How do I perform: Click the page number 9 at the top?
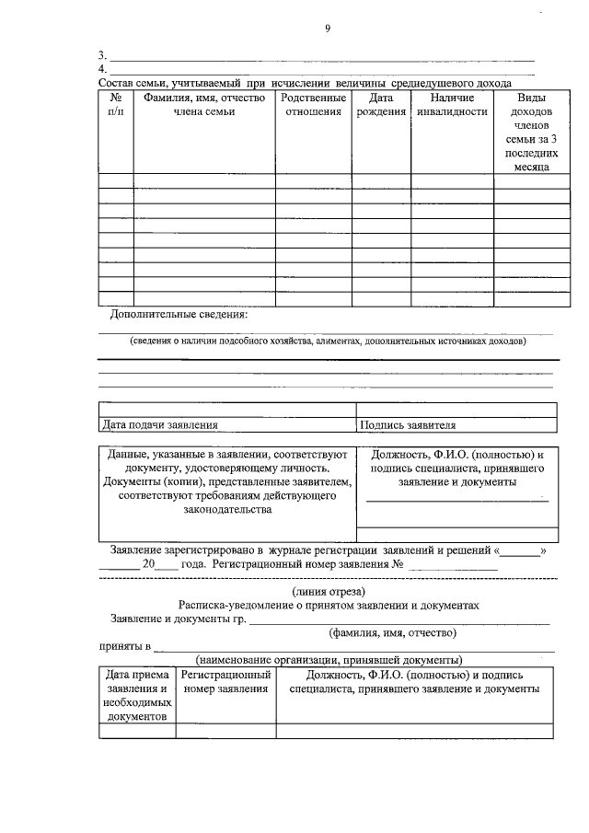(x=327, y=29)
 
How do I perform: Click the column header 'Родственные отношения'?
(x=313, y=104)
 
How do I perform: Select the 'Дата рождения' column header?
(x=380, y=104)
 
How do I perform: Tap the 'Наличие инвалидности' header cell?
(x=451, y=104)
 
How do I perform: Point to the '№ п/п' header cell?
(x=116, y=104)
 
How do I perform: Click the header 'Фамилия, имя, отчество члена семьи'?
(x=204, y=104)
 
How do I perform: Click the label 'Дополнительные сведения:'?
(x=179, y=314)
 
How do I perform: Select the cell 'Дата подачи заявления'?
(x=161, y=425)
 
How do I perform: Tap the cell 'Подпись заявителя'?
(x=408, y=425)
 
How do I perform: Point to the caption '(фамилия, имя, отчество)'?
(x=393, y=632)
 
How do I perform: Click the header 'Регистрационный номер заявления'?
(x=225, y=681)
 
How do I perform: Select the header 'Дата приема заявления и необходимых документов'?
(x=136, y=695)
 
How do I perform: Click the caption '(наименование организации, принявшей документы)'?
(x=329, y=660)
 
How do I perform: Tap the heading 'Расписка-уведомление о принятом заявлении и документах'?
(x=329, y=605)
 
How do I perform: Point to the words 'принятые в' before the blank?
(x=125, y=647)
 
